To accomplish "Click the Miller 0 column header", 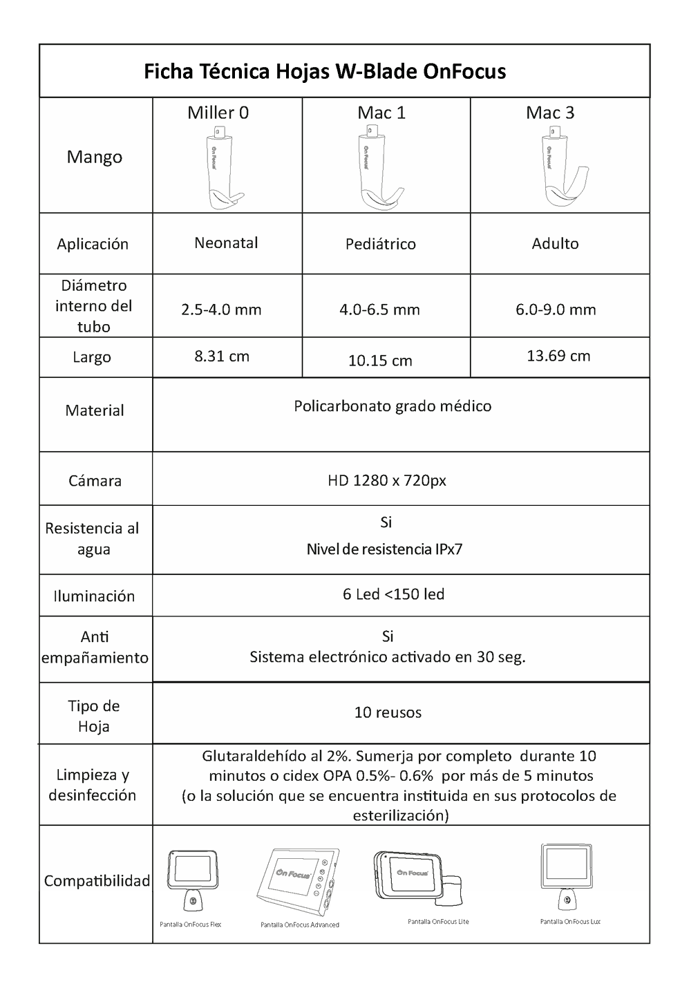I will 218,113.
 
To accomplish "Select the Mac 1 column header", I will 381,113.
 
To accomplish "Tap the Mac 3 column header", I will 549,113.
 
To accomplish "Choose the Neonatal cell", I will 226,243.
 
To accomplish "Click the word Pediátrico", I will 381,244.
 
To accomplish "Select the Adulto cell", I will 555,243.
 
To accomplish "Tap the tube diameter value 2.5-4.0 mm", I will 221,310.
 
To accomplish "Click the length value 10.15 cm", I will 380,361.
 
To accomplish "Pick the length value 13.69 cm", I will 558,356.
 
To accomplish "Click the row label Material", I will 95,410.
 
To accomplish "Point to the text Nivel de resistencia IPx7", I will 384,550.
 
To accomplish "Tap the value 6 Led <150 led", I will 393,594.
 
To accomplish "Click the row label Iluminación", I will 94,596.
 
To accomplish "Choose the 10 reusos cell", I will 388,712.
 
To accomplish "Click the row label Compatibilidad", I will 97,881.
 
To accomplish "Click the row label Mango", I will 95,157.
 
